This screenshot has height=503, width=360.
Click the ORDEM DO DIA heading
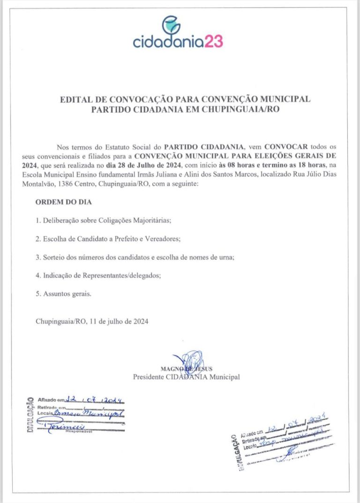click(x=64, y=203)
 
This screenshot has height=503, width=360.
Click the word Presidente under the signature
click(x=149, y=377)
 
